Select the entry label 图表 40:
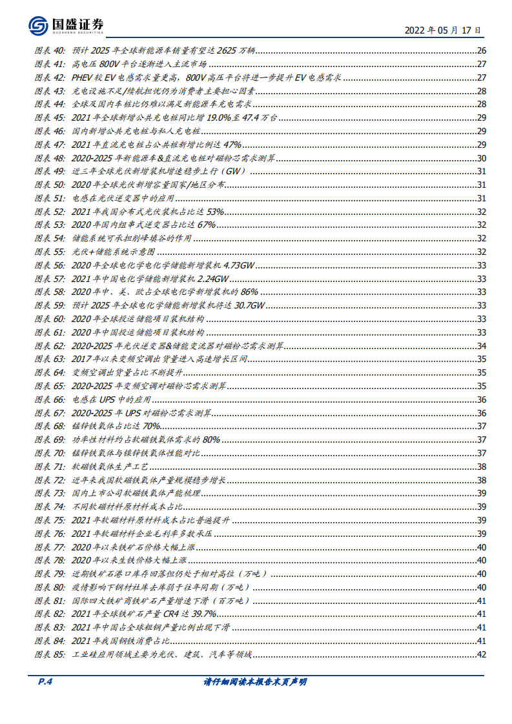pos(49,52)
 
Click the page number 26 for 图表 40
pos(480,52)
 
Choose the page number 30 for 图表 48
pos(480,158)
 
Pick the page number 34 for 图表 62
pos(480,345)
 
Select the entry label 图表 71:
pos(49,465)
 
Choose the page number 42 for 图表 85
pos(480,654)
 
